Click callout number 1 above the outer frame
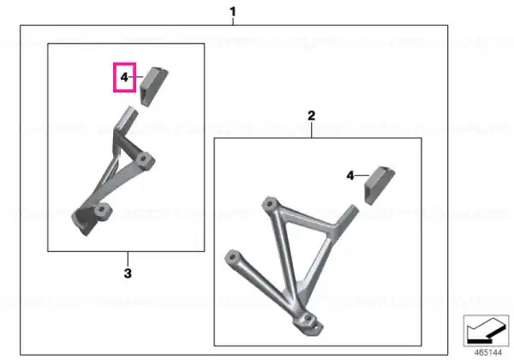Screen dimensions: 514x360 pos(233,12)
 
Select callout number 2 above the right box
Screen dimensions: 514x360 pos(312,116)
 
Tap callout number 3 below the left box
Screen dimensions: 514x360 pos(128,273)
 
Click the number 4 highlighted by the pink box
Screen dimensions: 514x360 pos(124,77)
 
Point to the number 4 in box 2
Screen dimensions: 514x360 pos(350,176)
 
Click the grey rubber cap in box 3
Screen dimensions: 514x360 pos(153,87)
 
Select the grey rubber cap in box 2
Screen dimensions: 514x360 pos(380,186)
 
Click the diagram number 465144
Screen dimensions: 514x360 pos(488,352)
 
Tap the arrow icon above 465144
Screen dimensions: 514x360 pos(486,331)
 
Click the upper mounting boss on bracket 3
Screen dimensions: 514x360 pos(144,160)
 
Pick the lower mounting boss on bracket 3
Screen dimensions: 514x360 pos(102,211)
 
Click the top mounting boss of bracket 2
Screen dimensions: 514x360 pos(270,204)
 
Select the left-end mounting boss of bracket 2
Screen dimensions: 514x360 pos(232,255)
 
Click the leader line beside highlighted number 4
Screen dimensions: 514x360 pos(135,77)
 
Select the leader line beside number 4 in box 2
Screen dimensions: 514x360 pos(362,176)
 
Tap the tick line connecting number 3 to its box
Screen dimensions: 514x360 pos(128,259)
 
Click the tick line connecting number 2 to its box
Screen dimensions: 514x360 pos(312,129)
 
